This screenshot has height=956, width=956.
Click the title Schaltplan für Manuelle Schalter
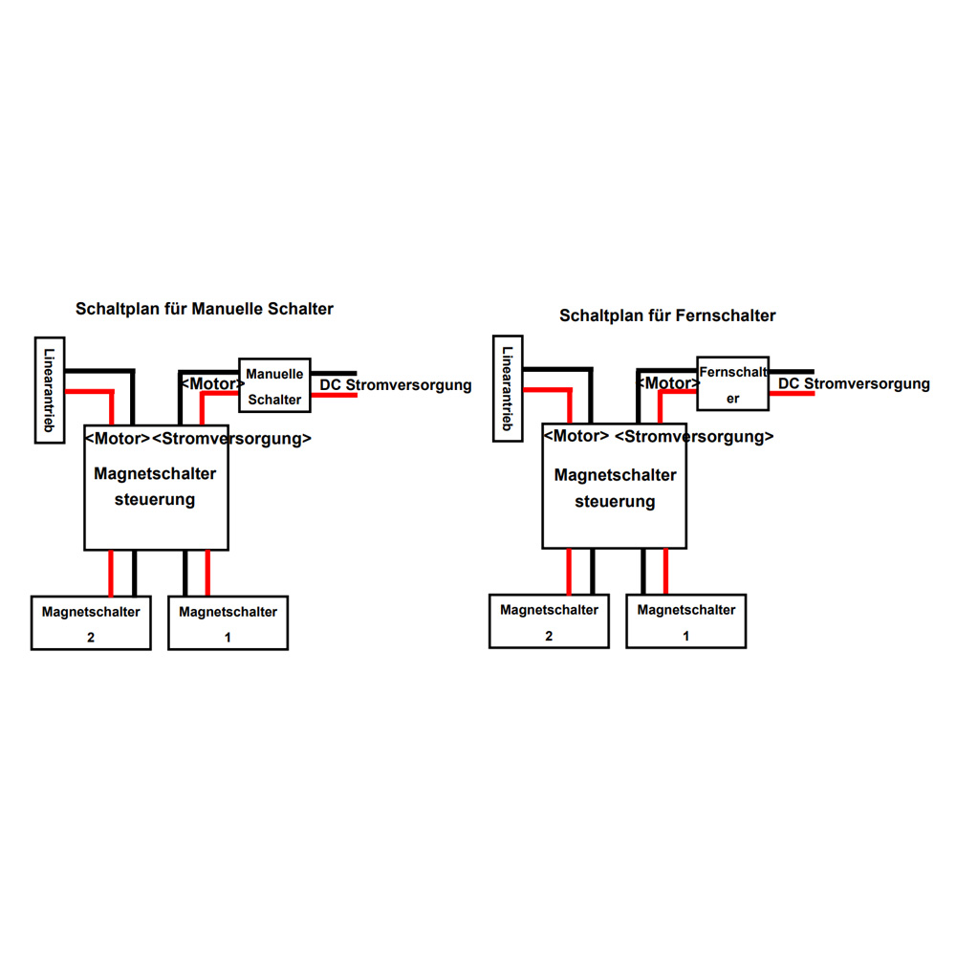[205, 309]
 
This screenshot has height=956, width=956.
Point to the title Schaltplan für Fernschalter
[667, 315]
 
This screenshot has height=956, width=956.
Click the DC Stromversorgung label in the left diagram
[396, 385]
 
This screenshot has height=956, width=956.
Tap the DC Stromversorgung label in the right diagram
[854, 384]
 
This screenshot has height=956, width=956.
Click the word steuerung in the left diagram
[155, 500]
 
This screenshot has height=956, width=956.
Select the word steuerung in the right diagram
[615, 502]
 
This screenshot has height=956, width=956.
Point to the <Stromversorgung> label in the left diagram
[231, 439]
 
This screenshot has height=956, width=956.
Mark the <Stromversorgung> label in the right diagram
[694, 437]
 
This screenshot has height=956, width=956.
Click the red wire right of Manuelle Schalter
[334, 396]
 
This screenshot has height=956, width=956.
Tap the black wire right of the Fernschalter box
[792, 371]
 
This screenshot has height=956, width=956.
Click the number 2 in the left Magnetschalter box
[91, 638]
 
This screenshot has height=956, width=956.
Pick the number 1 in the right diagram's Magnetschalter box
[685, 637]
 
